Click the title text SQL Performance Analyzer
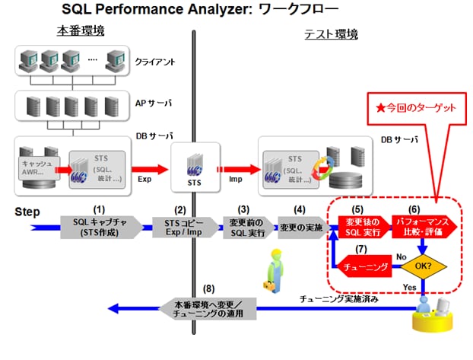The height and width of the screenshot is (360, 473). point(152,10)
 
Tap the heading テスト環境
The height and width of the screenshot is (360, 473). point(331,34)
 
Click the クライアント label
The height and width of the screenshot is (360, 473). point(155,59)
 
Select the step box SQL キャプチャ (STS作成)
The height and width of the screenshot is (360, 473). point(102,227)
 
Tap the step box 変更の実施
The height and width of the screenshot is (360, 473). point(300,227)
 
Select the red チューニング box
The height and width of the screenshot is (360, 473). point(370,267)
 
